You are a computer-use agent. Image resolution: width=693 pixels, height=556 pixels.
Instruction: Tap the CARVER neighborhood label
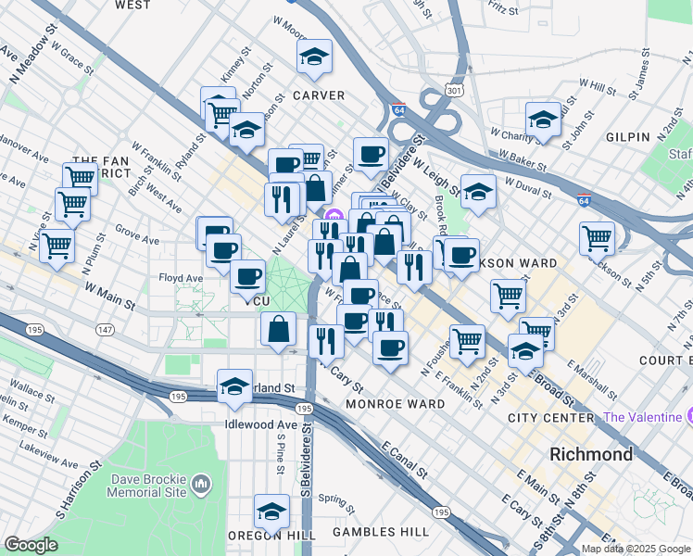[319, 95]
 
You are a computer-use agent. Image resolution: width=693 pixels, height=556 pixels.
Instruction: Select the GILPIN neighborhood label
[628, 137]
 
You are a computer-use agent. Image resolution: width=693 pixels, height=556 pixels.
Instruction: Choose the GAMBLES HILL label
[381, 532]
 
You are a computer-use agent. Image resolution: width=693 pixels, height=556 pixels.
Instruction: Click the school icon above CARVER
[315, 57]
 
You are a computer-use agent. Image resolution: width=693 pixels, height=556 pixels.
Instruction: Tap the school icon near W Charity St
[543, 120]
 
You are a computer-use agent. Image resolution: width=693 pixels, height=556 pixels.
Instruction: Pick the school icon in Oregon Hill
[271, 512]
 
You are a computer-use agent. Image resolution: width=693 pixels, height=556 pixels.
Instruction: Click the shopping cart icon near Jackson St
[598, 238]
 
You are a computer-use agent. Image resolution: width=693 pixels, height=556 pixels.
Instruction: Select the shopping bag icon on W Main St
[279, 329]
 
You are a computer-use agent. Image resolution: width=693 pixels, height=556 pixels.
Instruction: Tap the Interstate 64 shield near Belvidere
[398, 109]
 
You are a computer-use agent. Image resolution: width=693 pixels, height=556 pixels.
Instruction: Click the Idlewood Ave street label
[260, 424]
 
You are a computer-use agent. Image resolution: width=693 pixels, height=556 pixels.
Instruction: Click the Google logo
[31, 545]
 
